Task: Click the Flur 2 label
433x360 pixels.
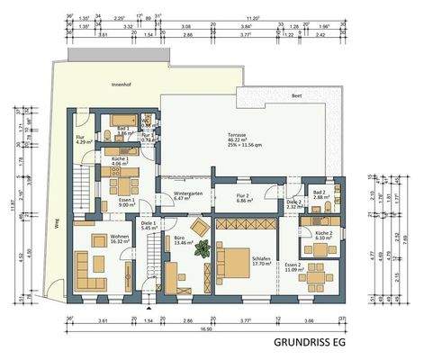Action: (x=242, y=195)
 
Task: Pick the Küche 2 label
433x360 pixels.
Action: (x=323, y=235)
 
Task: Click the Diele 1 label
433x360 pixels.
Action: (x=149, y=225)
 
